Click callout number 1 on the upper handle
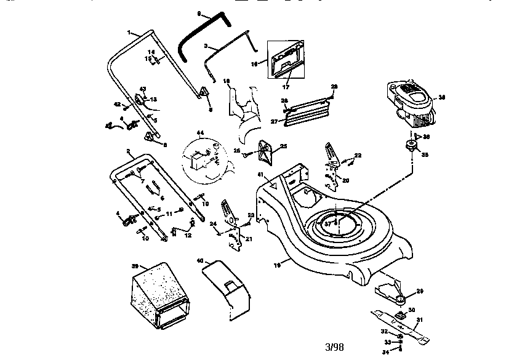[129, 32]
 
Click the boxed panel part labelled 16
[286, 60]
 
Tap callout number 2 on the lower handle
[128, 151]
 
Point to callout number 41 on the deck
[260, 175]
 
